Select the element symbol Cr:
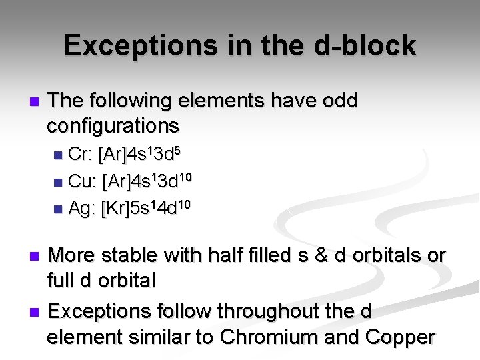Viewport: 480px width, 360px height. pyautogui.click(x=81, y=155)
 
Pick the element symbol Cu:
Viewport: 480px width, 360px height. pyautogui.click(x=83, y=181)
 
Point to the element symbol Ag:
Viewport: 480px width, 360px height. pyautogui.click(x=82, y=208)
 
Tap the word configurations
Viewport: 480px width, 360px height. pyautogui.click(x=113, y=125)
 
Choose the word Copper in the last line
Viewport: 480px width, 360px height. pyautogui.click(x=399, y=337)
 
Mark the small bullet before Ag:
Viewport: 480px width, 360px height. pyautogui.click(x=59, y=209)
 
